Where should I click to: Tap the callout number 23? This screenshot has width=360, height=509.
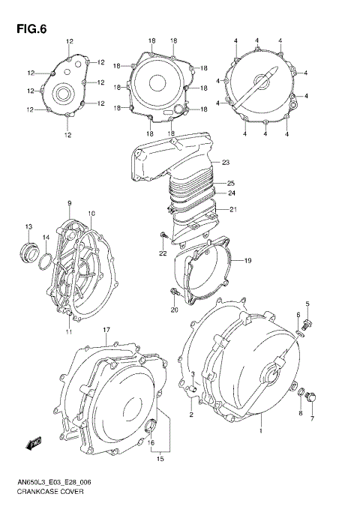point(225,162)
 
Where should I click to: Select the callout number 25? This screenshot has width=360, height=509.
point(231,183)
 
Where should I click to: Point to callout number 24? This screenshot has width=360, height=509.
point(231,193)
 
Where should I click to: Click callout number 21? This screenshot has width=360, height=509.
point(233,209)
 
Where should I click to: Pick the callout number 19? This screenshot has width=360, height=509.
point(247,261)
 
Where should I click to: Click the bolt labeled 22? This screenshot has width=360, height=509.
point(163,238)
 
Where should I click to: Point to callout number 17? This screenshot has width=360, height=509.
point(106,330)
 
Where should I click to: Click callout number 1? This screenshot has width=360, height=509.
point(260,432)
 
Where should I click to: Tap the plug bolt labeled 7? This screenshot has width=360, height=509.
point(313,396)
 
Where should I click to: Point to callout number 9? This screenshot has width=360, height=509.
point(69,204)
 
